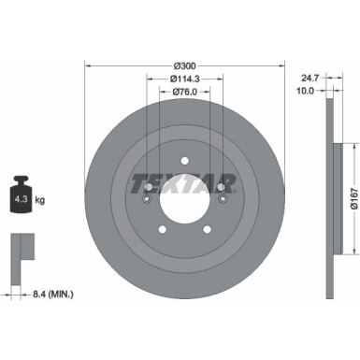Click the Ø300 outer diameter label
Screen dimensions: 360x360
[x=184, y=65]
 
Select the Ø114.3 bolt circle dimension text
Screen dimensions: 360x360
[x=184, y=79]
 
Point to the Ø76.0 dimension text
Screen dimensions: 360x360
[x=184, y=92]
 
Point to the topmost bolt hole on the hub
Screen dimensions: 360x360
[x=184, y=158]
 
